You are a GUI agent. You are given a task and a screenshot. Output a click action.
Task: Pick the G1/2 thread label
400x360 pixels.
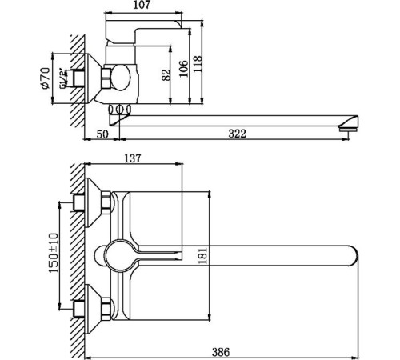pyautogui.click(x=64, y=80)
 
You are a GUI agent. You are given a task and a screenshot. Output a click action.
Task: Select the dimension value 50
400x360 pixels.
pyautogui.click(x=102, y=134)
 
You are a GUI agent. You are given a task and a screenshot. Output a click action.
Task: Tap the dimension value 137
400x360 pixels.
pyautogui.click(x=133, y=158)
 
